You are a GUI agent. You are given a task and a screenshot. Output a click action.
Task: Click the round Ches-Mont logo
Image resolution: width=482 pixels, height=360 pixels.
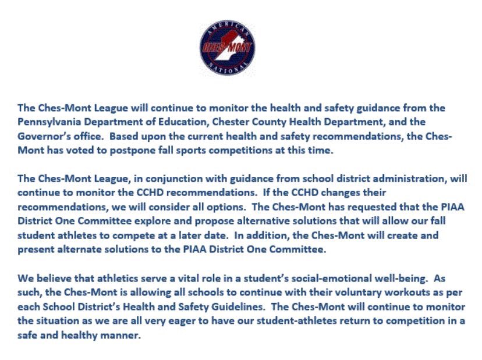(x=227, y=49)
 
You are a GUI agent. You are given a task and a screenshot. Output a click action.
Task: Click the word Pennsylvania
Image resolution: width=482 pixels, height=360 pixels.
(x=48, y=122)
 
